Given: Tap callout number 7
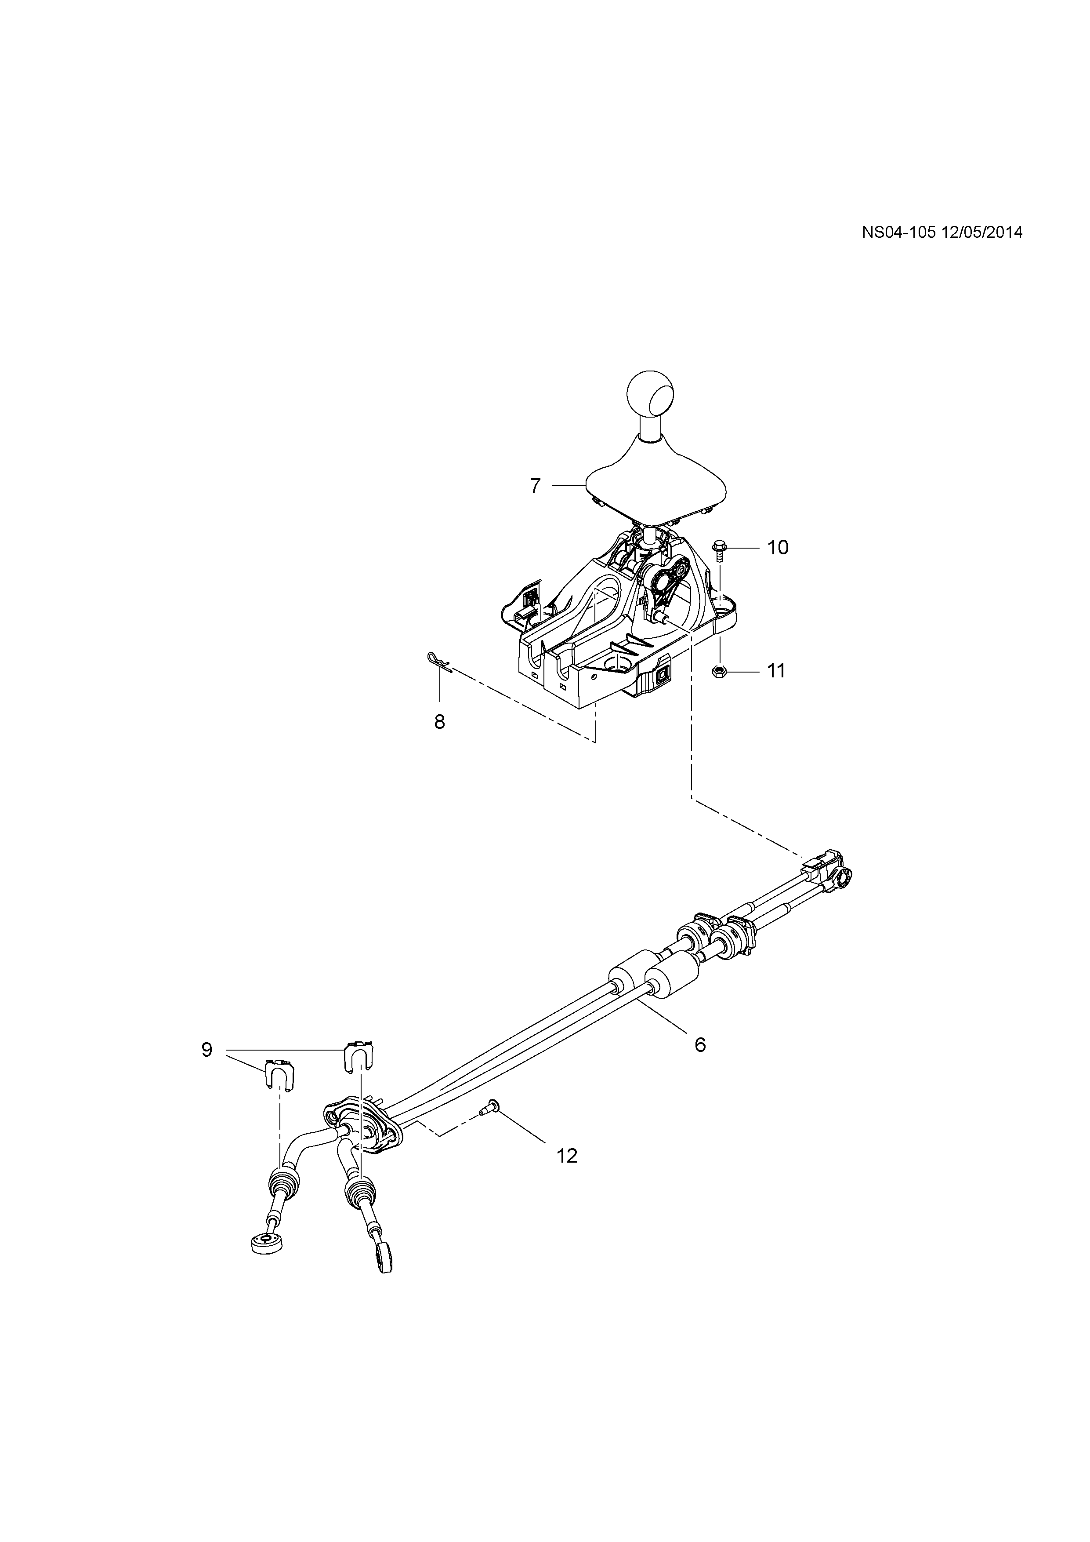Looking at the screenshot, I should pos(535,486).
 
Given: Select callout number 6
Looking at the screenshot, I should pos(700,1044).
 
